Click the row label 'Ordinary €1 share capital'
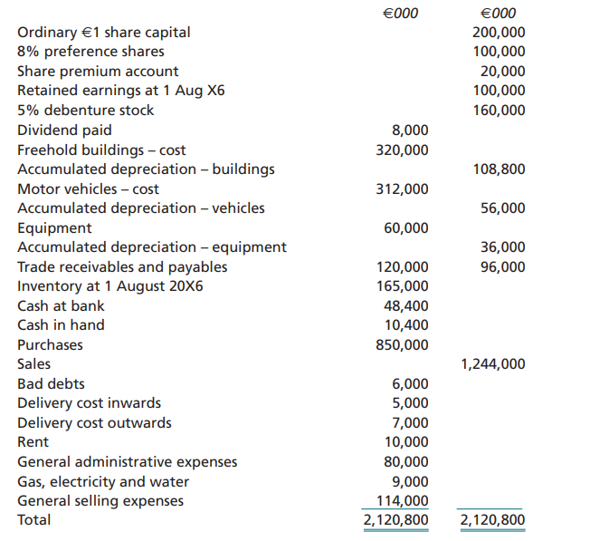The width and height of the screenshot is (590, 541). [x=104, y=33]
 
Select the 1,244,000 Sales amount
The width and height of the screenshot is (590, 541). [x=492, y=364]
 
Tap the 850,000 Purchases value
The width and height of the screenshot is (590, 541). [x=402, y=344]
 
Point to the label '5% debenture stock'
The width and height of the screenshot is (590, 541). [x=86, y=111]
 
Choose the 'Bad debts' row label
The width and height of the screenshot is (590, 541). [x=51, y=384]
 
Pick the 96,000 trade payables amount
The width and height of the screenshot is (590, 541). [x=502, y=267]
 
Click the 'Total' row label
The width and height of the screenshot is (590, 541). [x=34, y=520]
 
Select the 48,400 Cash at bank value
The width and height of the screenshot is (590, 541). [x=406, y=306]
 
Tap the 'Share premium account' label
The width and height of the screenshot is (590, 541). [x=98, y=72]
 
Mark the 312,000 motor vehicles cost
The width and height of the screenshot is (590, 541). [x=402, y=188]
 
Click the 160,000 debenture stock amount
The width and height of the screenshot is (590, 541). [x=499, y=111]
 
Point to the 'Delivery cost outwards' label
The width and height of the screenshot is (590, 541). [x=94, y=423]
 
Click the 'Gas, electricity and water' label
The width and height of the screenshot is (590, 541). [x=103, y=482]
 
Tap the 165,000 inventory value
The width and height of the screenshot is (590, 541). [x=402, y=286]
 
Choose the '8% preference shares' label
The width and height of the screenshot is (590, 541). [x=90, y=52]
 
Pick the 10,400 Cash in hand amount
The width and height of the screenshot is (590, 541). [x=406, y=325]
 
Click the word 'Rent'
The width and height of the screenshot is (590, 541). [x=34, y=442]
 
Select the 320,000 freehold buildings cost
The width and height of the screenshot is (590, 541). [x=402, y=150]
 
